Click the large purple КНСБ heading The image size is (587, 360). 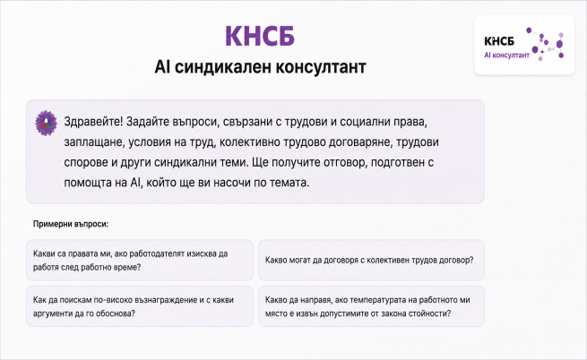[260, 36]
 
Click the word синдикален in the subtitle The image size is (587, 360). [223, 67]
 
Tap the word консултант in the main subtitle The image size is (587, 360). [321, 67]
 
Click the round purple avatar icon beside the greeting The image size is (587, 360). [46, 123]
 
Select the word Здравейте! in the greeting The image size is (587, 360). [93, 122]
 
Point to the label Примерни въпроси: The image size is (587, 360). [71, 224]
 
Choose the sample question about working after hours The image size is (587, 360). [140, 260]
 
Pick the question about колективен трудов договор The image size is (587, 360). [371, 260]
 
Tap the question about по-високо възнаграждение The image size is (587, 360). [140, 306]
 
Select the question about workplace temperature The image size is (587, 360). [371, 306]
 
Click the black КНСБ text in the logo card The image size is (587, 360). [499, 41]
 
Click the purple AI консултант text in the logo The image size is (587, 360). [507, 56]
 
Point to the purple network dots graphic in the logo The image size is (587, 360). [545, 44]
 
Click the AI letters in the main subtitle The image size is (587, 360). [162, 67]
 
